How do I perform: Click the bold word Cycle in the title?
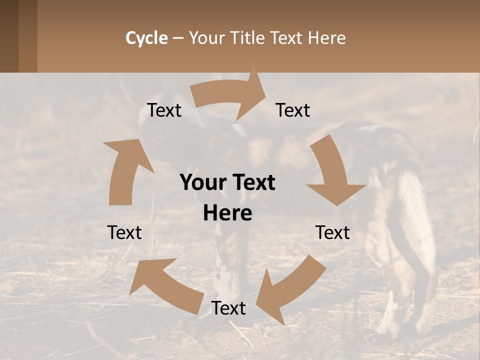pos(146,38)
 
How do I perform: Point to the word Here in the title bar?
pos(326,38)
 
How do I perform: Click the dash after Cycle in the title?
pos(178,38)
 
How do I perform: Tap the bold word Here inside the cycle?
pos(227,213)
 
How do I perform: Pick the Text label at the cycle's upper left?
pos(164,110)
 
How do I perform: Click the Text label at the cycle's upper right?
pos(293,110)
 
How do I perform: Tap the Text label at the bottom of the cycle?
pos(228,308)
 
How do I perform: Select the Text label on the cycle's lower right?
pos(332,232)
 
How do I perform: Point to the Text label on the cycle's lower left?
pos(124,232)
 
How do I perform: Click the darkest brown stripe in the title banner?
pos(9,36)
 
